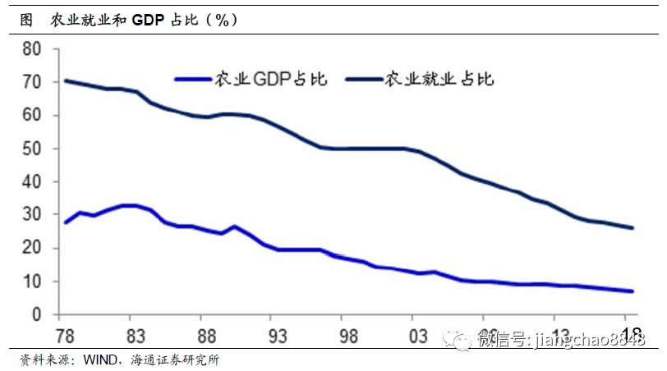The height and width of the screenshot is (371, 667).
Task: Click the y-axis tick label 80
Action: coord(31,49)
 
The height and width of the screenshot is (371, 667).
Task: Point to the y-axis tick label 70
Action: coord(31,82)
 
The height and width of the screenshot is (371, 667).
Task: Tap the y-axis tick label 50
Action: coord(31,149)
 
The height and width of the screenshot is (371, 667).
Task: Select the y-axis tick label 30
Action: coord(31,215)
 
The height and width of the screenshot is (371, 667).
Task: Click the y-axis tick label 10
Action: coord(31,282)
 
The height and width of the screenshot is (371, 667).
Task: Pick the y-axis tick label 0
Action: coord(36,314)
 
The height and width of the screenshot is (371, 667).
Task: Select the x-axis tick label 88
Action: coord(207,337)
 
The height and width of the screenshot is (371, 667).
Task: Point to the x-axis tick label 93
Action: coord(278,337)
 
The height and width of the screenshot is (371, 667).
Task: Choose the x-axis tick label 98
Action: coord(348,337)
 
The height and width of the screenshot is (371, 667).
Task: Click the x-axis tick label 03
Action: coord(419,337)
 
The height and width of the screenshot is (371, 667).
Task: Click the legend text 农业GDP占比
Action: coord(270,79)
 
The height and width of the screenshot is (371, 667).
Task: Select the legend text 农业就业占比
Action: coord(439,79)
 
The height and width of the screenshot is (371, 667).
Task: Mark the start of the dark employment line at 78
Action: coord(65,80)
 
